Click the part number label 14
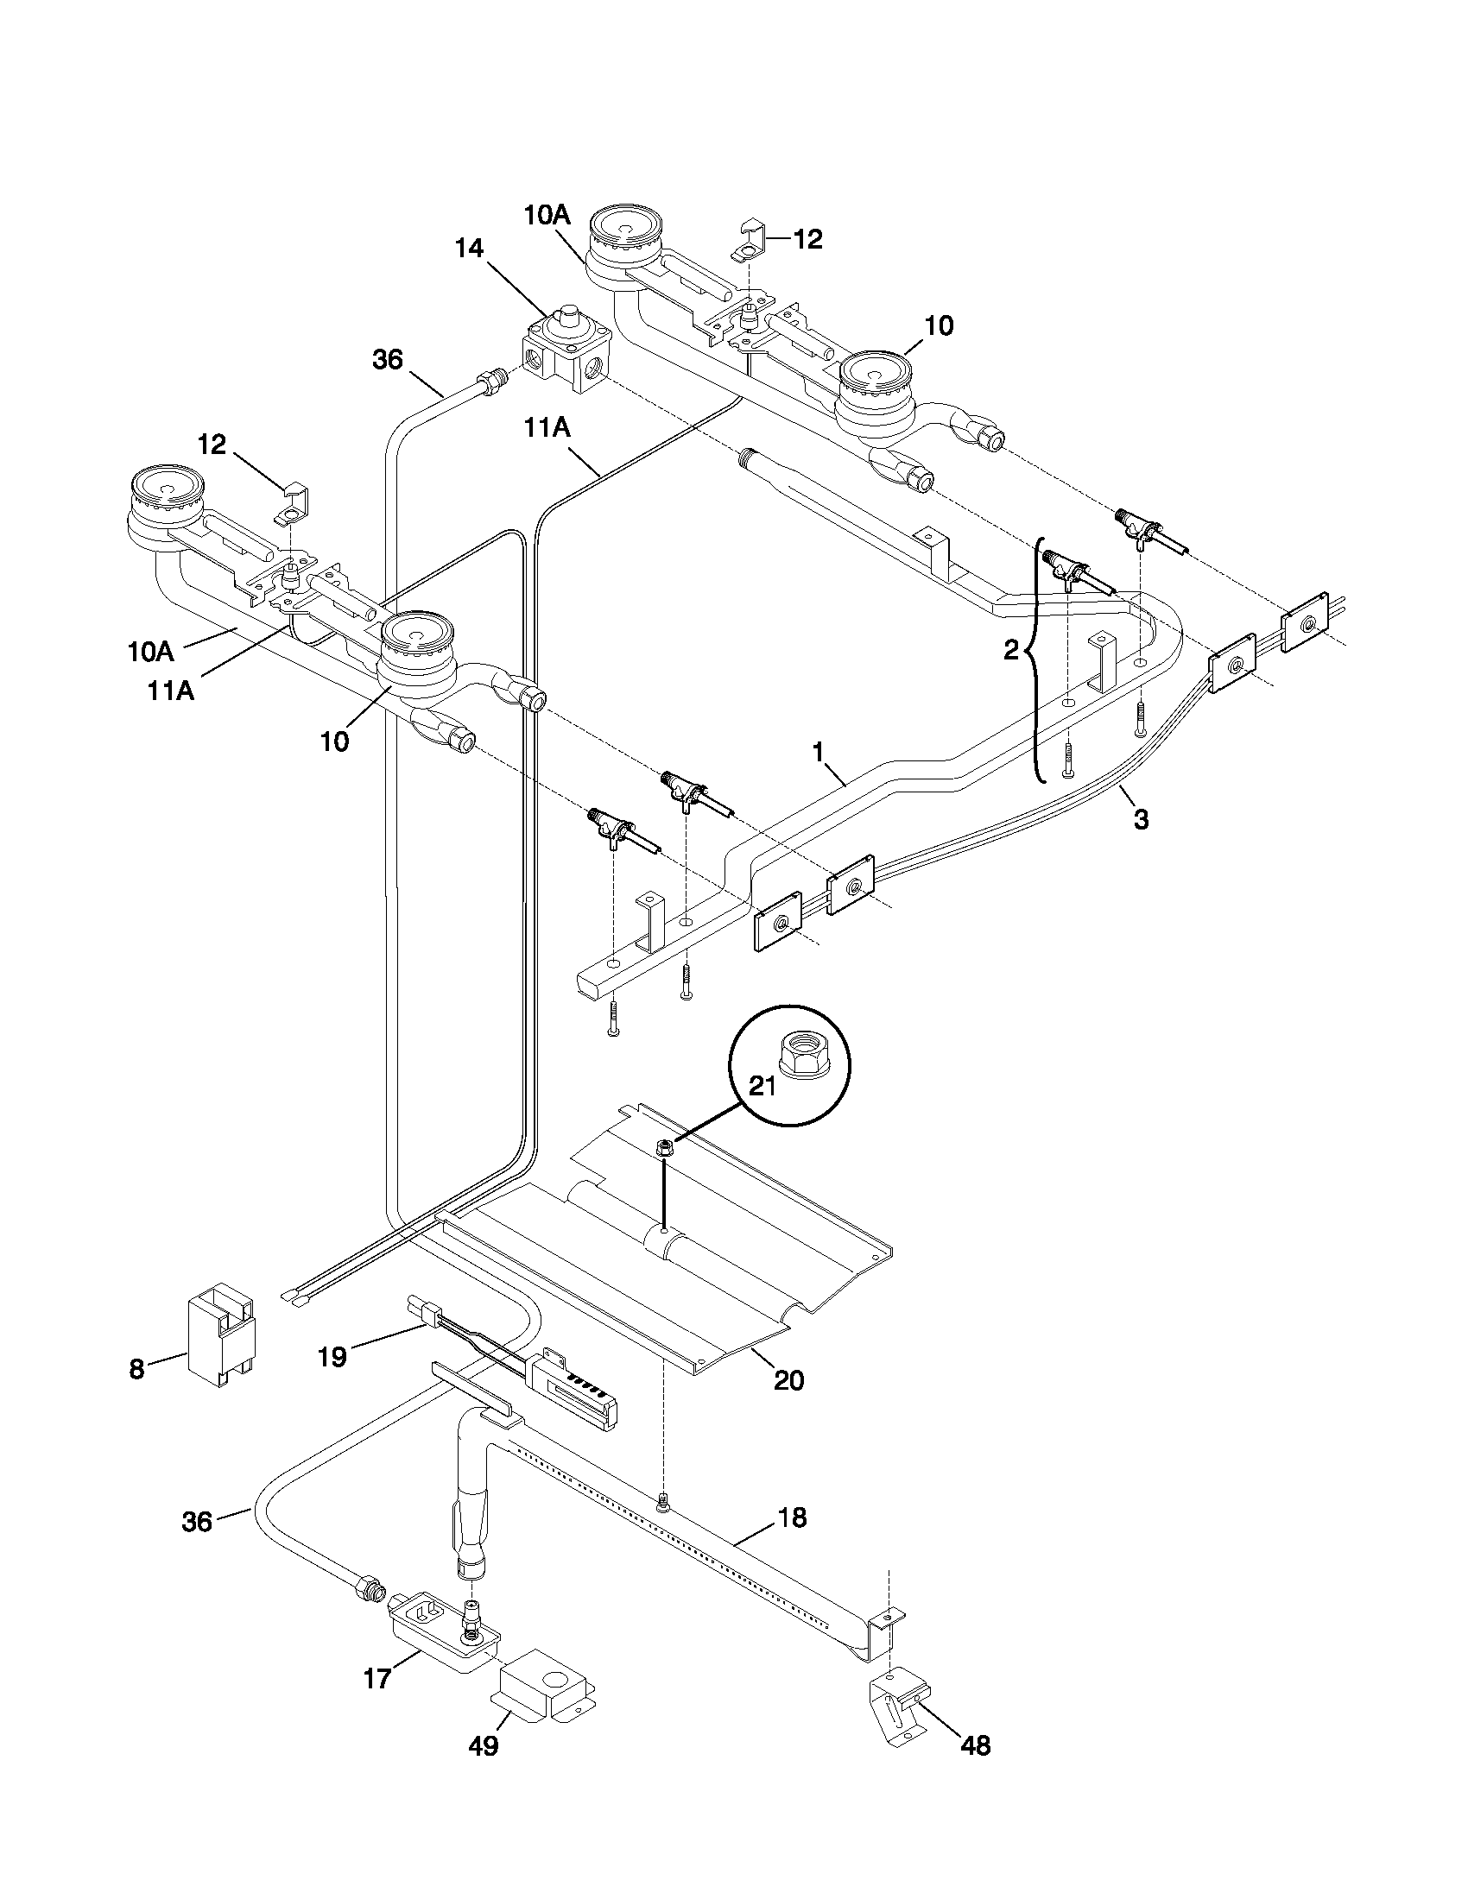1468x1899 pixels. [x=469, y=249]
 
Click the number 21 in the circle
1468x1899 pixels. [x=762, y=1087]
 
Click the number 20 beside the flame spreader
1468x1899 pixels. [x=788, y=1381]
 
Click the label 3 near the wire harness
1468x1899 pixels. [x=1141, y=819]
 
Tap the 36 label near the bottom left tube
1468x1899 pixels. [x=198, y=1522]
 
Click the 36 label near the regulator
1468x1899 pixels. [x=388, y=359]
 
